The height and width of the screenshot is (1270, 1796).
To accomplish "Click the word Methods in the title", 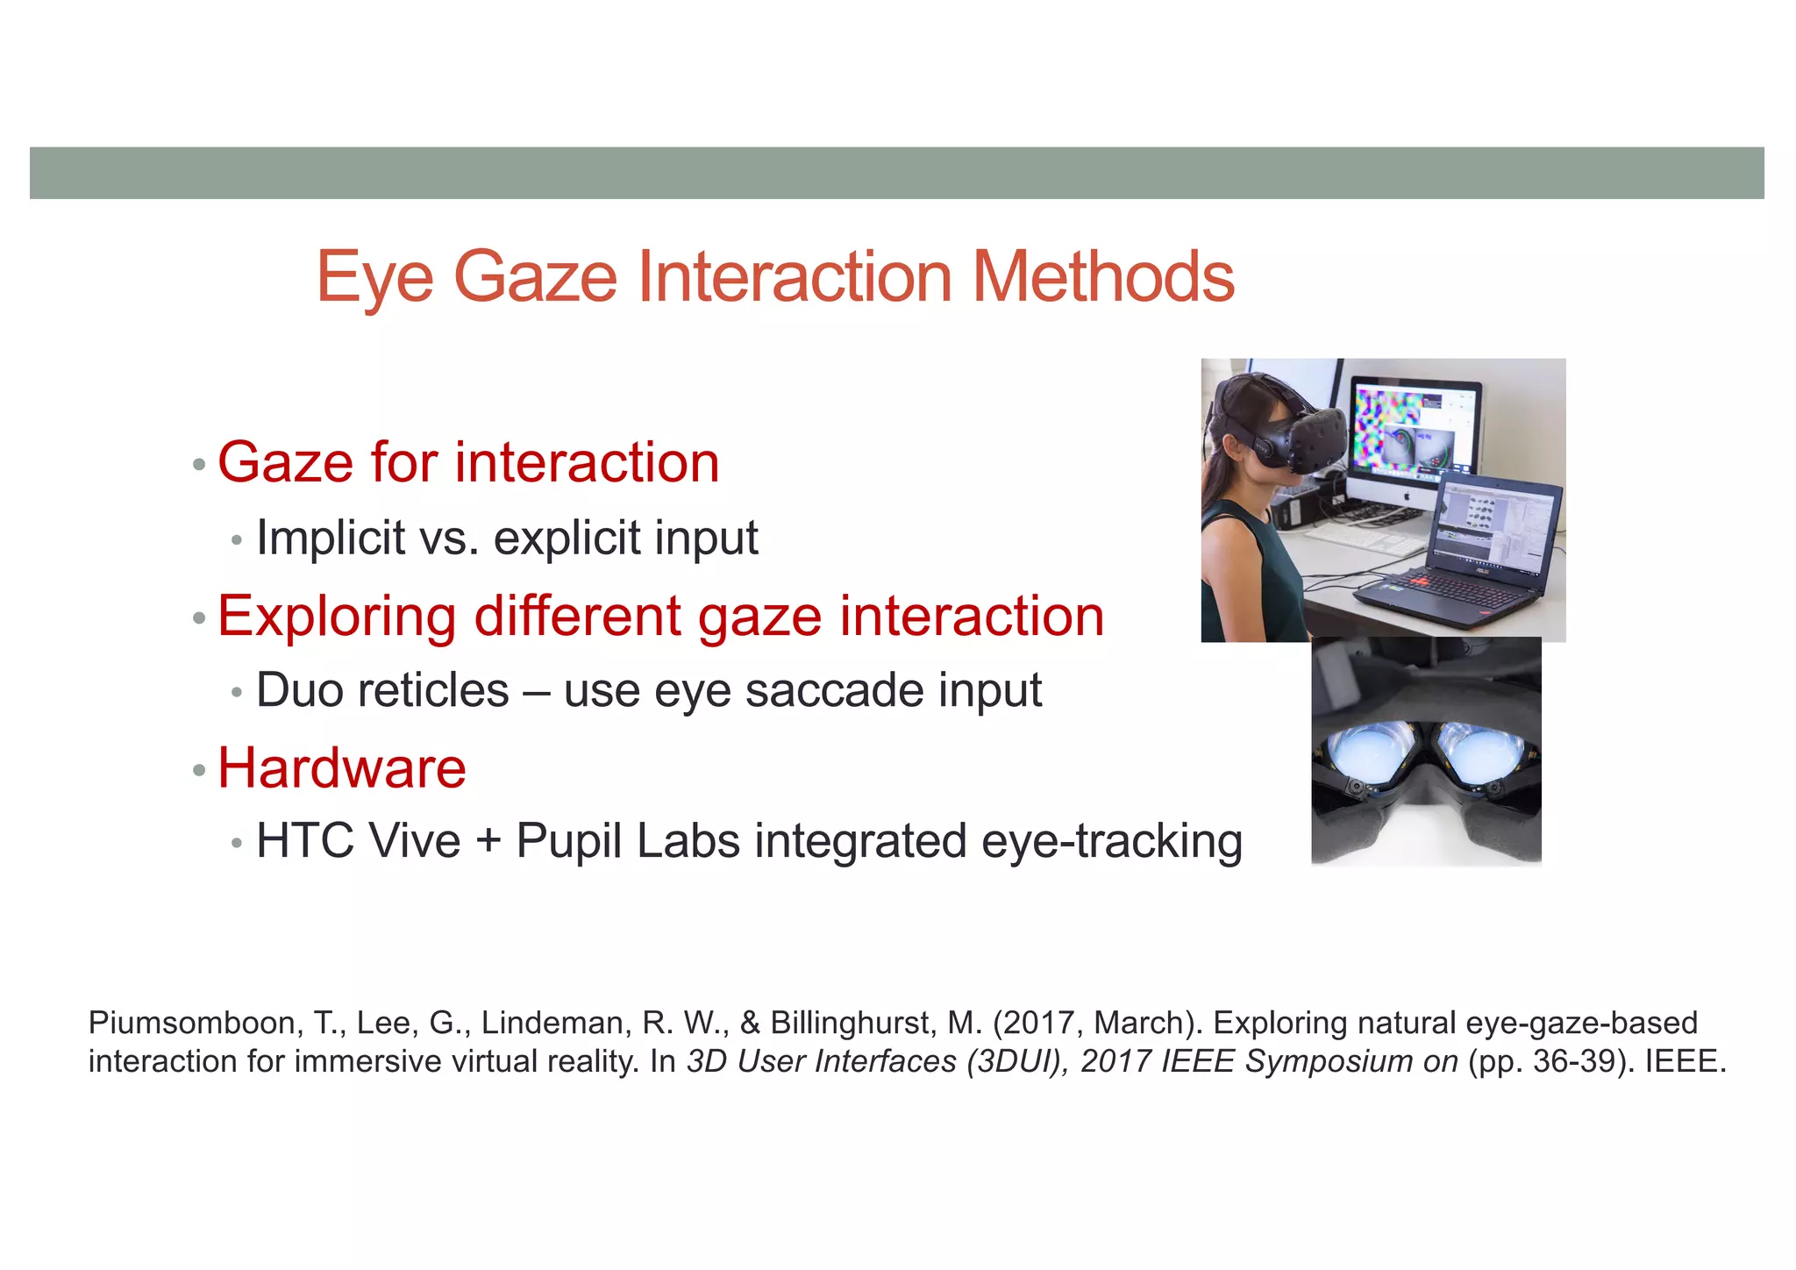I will click(x=1103, y=276).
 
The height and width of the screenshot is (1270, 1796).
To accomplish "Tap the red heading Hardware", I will click(x=341, y=768).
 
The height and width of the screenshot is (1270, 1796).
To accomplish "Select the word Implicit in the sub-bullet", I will click(x=331, y=538).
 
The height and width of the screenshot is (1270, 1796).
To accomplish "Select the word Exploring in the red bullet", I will click(x=337, y=616).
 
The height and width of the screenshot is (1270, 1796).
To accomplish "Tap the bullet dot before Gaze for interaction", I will click(x=199, y=465).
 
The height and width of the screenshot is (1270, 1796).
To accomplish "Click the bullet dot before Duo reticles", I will click(x=236, y=693).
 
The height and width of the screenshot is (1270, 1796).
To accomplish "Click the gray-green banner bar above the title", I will click(x=896, y=173).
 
